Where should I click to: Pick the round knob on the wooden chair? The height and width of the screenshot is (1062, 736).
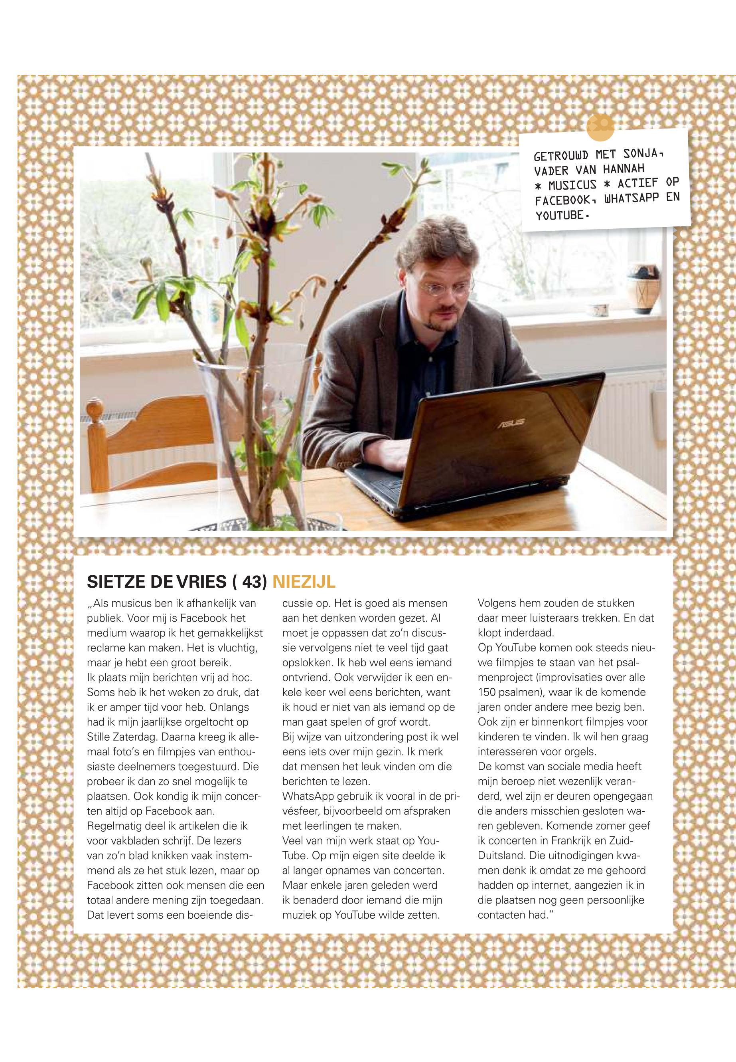96,409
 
